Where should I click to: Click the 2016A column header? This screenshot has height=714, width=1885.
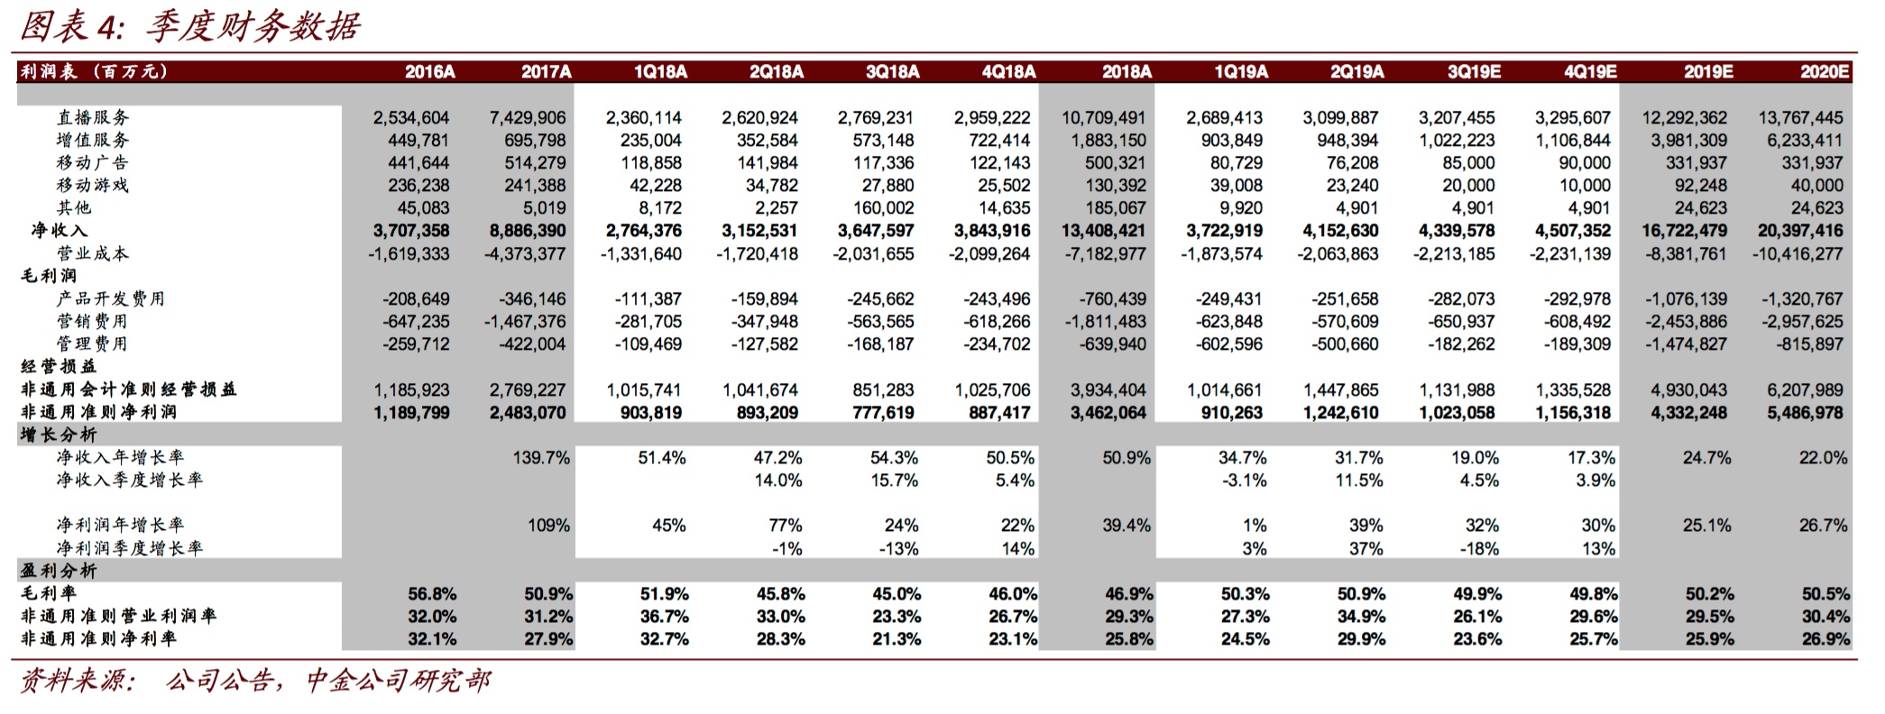point(429,72)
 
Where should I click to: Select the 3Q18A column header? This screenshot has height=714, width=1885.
point(892,72)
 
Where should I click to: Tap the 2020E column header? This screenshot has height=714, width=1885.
point(1824,72)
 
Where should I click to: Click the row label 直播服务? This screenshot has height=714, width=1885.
point(93,117)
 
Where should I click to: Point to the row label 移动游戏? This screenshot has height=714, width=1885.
point(93,185)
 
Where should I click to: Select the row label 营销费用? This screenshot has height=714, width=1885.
point(93,321)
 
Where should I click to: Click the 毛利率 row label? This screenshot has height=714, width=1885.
point(49,593)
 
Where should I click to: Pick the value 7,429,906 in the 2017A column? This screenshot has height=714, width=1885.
point(528,117)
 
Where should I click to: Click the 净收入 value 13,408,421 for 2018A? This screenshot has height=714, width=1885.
point(1103,231)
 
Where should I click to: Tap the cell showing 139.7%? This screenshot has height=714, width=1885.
point(541,458)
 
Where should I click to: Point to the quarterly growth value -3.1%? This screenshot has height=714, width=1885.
point(1244,481)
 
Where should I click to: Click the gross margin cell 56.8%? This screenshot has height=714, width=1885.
point(432,594)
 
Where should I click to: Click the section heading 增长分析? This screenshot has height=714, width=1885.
point(59,435)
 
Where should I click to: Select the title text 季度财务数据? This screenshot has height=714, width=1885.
point(253,27)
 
